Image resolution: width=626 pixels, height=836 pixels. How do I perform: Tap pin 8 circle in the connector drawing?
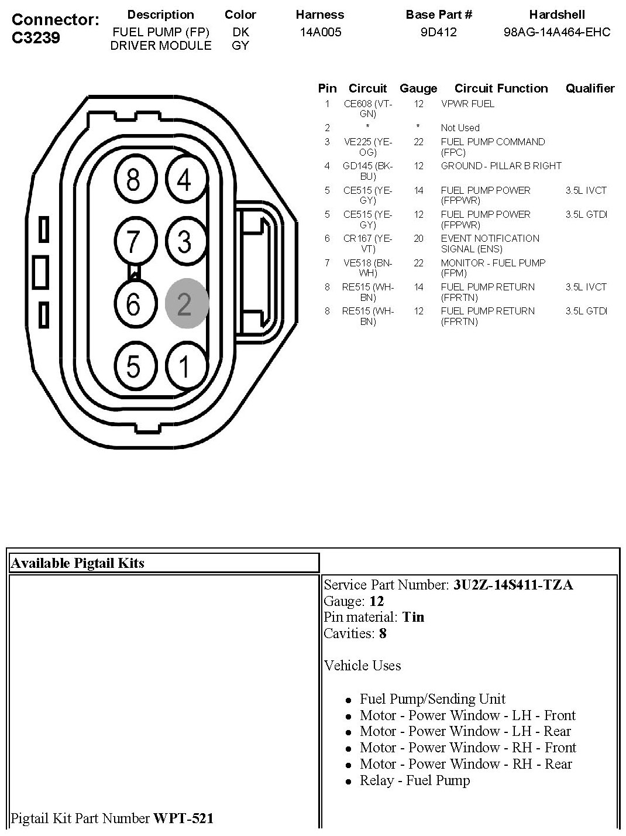pyautogui.click(x=133, y=179)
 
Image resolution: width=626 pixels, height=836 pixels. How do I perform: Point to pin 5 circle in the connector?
pyautogui.click(x=133, y=366)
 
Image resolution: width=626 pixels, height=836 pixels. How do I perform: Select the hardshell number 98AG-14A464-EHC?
pyautogui.click(x=556, y=32)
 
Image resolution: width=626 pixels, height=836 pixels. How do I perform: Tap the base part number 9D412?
pyautogui.click(x=438, y=32)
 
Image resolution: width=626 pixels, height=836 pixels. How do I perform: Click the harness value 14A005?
pyautogui.click(x=320, y=32)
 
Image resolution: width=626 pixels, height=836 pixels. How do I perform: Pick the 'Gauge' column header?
pyautogui.click(x=418, y=88)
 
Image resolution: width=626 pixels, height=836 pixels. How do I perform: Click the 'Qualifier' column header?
pyautogui.click(x=590, y=88)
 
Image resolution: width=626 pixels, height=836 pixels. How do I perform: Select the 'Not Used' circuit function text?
pyautogui.click(x=460, y=128)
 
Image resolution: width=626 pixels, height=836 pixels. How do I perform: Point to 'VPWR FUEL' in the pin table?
pyautogui.click(x=467, y=104)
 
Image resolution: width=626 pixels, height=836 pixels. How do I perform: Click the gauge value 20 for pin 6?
pyautogui.click(x=418, y=239)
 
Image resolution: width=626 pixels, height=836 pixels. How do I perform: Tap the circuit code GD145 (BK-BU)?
pyautogui.click(x=367, y=171)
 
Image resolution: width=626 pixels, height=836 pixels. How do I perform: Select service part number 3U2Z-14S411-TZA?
pyautogui.click(x=513, y=585)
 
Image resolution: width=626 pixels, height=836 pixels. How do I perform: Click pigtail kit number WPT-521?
pyautogui.click(x=183, y=818)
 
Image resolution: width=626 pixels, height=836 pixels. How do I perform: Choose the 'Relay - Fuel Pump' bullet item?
pyautogui.click(x=414, y=780)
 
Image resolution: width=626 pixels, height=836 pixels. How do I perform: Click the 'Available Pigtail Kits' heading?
pyautogui.click(x=78, y=563)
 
